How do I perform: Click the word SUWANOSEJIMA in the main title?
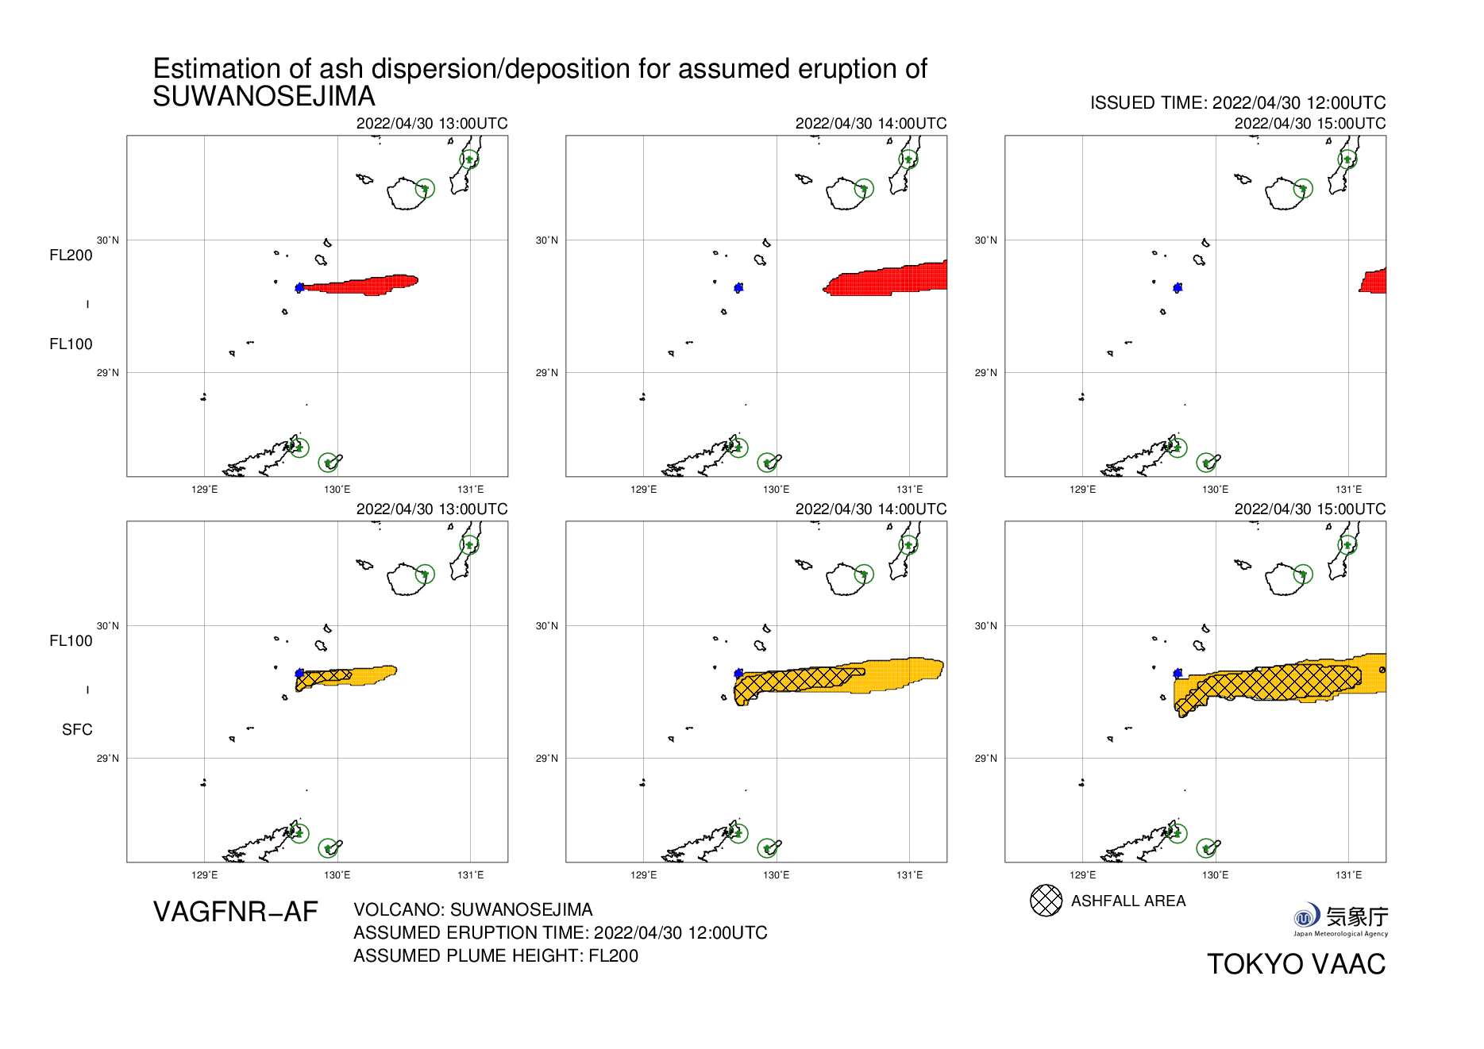264,97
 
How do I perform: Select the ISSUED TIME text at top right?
1237,103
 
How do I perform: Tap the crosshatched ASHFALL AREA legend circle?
1046,901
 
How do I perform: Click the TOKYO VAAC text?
1296,964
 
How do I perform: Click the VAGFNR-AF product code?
235,913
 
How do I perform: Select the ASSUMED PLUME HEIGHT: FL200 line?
495,956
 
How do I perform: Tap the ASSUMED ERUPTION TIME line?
560,933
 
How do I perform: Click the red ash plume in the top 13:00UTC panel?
365,285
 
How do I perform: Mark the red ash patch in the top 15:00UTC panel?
1374,282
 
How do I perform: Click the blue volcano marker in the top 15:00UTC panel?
1178,287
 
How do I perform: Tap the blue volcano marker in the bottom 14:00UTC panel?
738,673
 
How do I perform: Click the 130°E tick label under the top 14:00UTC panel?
776,490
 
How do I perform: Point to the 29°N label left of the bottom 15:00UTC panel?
985,759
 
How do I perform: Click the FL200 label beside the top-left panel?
71,256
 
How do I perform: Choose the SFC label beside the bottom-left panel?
77,730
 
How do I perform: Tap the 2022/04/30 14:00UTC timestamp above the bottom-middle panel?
870,509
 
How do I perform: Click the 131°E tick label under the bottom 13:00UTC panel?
470,875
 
